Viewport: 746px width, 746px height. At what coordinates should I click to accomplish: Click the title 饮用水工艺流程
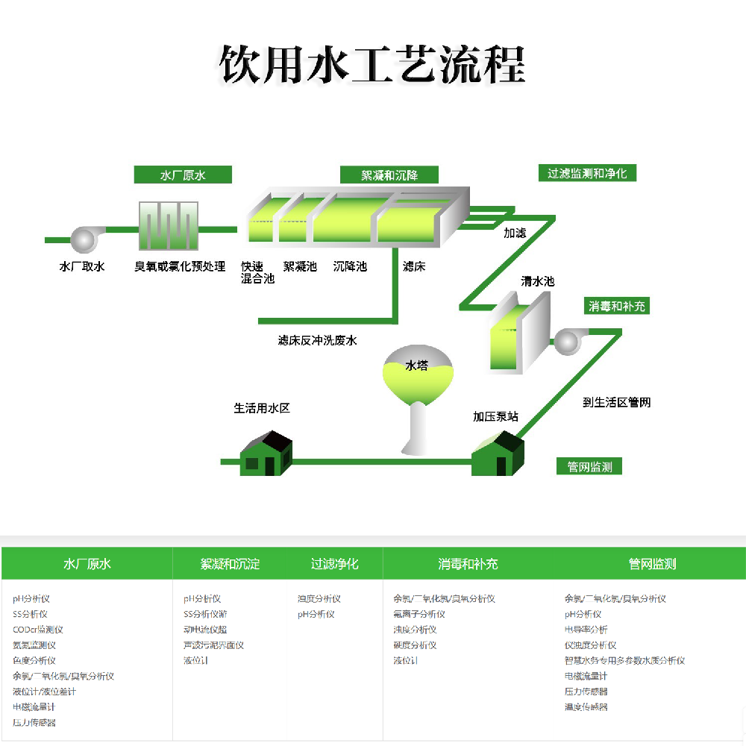click(x=372, y=64)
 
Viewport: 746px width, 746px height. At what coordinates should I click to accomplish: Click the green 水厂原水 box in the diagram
click(x=183, y=175)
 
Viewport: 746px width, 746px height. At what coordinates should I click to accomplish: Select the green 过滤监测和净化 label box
click(x=587, y=173)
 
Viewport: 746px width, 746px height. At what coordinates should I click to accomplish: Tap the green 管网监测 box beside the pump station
click(x=589, y=467)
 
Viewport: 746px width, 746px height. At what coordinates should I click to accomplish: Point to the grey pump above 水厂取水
click(x=83, y=239)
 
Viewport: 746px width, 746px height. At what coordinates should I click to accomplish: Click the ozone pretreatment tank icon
click(x=169, y=225)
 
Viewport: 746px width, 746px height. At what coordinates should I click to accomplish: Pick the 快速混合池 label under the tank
click(x=257, y=272)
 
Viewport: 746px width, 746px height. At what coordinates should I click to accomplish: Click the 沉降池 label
click(x=350, y=266)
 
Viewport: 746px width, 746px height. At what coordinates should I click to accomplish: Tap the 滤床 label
click(x=414, y=266)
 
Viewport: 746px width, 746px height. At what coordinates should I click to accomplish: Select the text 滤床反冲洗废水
click(x=318, y=340)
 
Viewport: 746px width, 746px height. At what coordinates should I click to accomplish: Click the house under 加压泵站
click(x=498, y=454)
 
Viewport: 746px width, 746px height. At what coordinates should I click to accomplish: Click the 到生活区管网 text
click(x=617, y=403)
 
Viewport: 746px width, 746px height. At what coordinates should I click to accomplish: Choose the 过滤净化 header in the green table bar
click(x=335, y=564)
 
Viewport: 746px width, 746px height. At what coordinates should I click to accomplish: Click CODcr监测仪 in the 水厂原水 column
click(x=38, y=630)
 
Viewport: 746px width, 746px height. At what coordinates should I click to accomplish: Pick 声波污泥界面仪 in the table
click(x=213, y=645)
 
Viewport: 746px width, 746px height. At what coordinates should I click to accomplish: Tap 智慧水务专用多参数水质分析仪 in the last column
click(x=624, y=660)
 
